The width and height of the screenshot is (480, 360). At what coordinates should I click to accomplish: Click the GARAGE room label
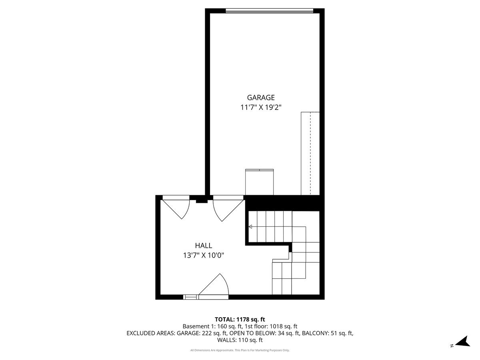point(261,97)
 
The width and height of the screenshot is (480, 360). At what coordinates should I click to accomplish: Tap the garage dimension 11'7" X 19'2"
point(261,107)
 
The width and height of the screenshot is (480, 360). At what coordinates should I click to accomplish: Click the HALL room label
point(204,246)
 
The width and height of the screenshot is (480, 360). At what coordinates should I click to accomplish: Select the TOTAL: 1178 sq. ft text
point(240,319)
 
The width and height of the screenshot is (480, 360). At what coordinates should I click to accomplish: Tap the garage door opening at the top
point(269,11)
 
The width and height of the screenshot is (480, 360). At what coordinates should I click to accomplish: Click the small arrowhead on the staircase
point(250,227)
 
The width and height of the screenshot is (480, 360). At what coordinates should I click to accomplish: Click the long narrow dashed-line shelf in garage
point(310,153)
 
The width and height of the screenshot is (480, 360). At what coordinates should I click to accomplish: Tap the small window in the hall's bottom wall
point(190,297)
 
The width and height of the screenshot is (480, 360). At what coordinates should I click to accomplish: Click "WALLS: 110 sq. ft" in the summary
point(240,340)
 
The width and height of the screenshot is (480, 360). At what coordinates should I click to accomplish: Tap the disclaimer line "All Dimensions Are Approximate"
point(212,350)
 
